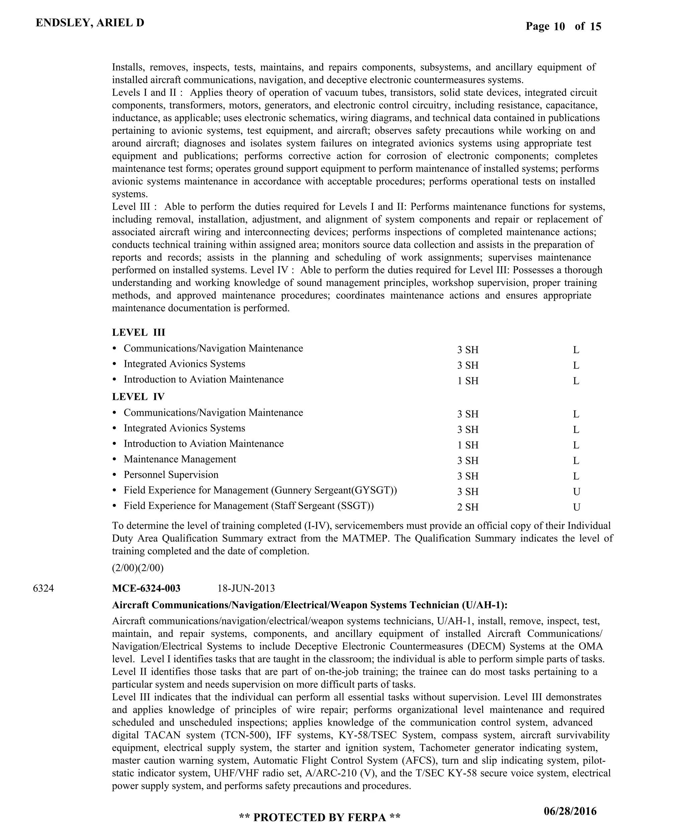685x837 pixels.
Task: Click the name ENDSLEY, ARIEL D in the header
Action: pyautogui.click(x=90, y=23)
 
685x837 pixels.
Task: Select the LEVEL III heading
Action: pyautogui.click(x=138, y=332)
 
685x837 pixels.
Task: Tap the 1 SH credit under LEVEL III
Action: pyautogui.click(x=468, y=381)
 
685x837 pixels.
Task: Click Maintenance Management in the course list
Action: pyautogui.click(x=180, y=459)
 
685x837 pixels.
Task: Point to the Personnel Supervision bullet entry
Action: pyautogui.click(x=171, y=475)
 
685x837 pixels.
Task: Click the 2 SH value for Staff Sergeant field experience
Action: pyautogui.click(x=468, y=507)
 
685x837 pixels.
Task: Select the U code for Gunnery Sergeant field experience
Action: pyautogui.click(x=577, y=492)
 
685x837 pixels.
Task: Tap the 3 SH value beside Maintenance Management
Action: pyautogui.click(x=468, y=461)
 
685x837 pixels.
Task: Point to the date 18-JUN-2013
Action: pyautogui.click(x=246, y=589)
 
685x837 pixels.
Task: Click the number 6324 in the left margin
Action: pyautogui.click(x=43, y=589)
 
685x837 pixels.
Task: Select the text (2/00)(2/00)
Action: pyautogui.click(x=138, y=568)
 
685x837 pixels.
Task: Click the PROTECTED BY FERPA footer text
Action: pyautogui.click(x=320, y=817)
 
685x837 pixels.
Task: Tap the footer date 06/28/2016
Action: pyautogui.click(x=570, y=811)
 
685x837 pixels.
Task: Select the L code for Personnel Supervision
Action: pyautogui.click(x=576, y=476)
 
